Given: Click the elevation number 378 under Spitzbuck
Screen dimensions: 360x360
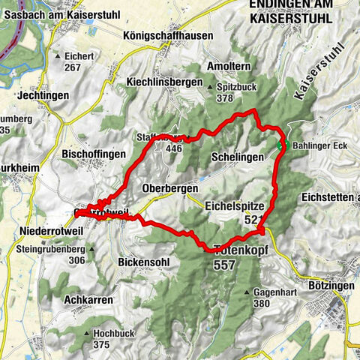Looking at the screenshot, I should pos(224,98).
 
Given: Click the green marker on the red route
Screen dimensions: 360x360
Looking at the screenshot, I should pos(285,145).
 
